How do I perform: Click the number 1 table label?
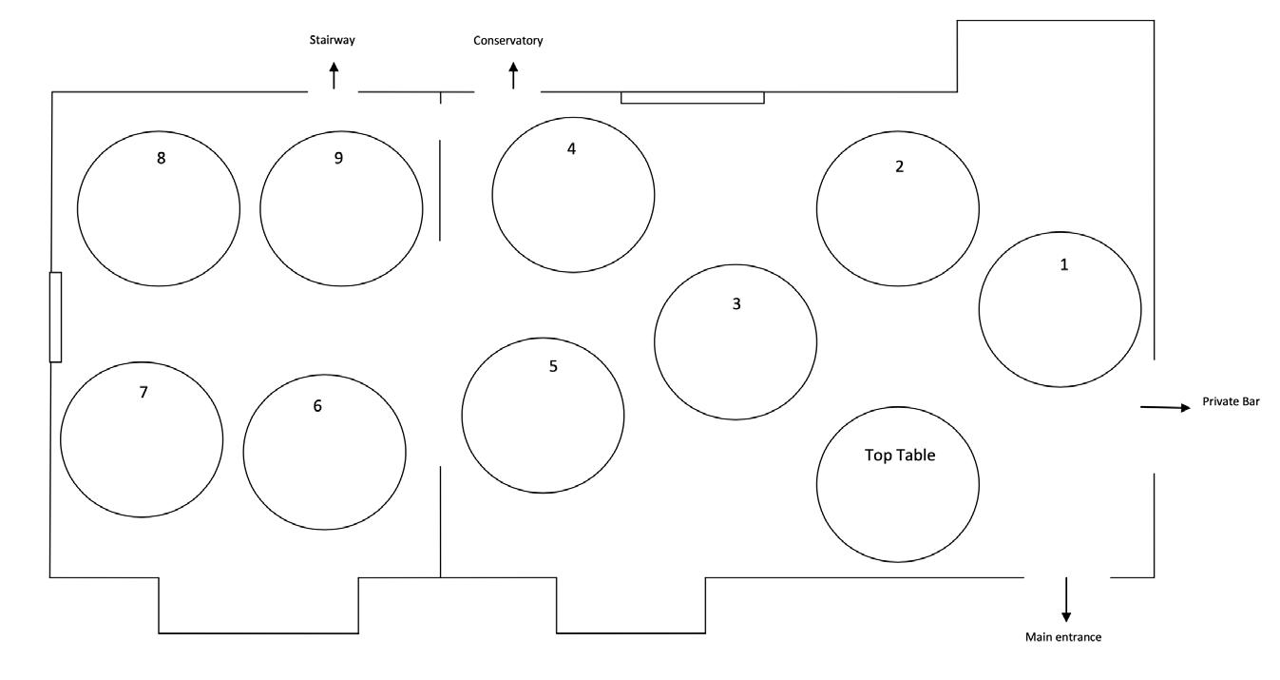click(1064, 265)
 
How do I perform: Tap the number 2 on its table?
click(899, 166)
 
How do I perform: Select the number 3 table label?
click(736, 305)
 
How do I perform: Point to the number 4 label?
click(571, 149)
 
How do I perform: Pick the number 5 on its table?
click(553, 366)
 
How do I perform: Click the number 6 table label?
click(317, 406)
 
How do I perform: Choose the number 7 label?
click(143, 392)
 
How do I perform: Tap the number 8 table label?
click(162, 158)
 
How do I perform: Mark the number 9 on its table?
click(338, 158)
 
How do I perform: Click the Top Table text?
click(900, 456)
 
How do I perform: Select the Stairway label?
click(333, 40)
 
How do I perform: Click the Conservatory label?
click(508, 41)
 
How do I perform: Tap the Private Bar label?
click(1231, 402)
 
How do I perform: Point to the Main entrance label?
click(1063, 637)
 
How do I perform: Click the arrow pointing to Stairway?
click(334, 75)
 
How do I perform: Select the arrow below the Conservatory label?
click(513, 75)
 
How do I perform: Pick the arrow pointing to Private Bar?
click(1165, 407)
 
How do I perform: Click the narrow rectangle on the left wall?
click(55, 317)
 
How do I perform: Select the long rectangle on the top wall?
click(692, 97)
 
